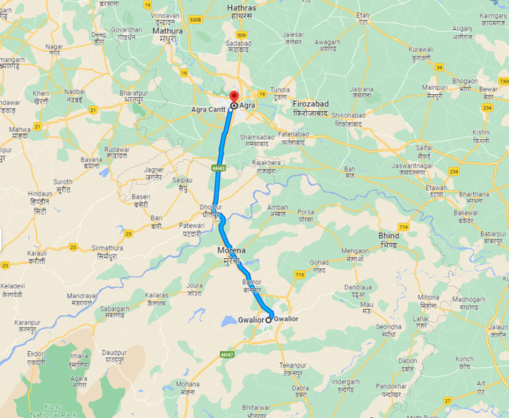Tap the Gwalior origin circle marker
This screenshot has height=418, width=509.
[268, 320]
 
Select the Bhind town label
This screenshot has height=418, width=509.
[389, 236]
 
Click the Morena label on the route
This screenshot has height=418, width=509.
[231, 250]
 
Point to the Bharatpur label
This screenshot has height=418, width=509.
[132, 93]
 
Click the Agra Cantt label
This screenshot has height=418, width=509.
[209, 109]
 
